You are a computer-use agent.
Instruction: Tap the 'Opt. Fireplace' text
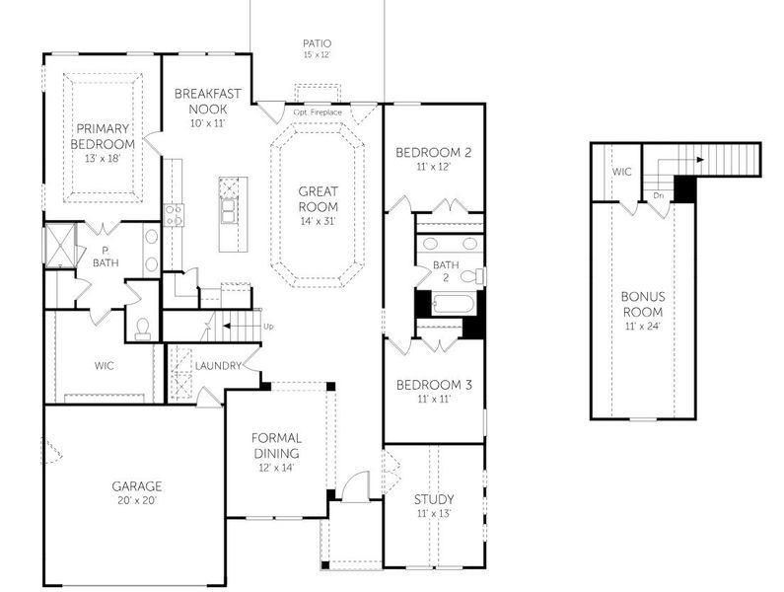point(319,113)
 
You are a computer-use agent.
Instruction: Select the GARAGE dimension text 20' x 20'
point(136,501)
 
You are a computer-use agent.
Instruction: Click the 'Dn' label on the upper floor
point(658,196)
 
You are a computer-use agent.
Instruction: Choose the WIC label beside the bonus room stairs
point(621,172)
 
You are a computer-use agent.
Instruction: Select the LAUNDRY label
point(218,366)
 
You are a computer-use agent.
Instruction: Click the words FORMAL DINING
point(276,445)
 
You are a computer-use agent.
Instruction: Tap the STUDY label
point(434,499)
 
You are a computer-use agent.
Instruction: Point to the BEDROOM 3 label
point(434,386)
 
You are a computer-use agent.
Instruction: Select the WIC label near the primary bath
point(105,366)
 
